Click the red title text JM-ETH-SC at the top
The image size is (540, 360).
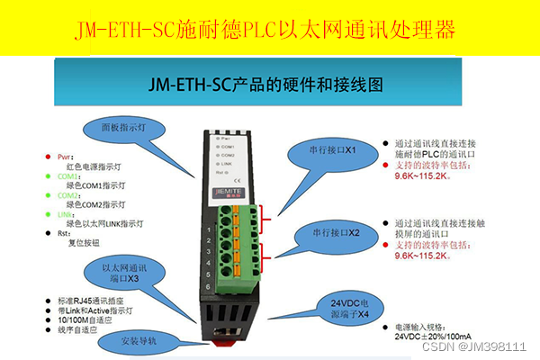117,31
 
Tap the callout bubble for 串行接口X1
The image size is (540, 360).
327,148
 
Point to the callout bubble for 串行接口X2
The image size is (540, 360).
330,232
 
